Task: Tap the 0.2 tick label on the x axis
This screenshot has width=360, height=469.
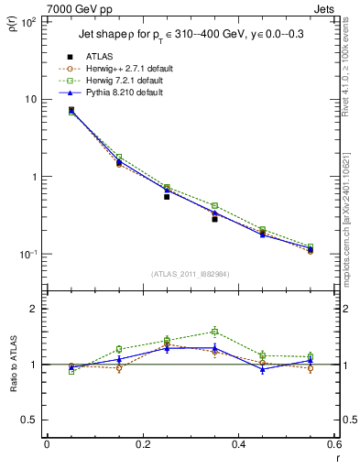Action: coord(142,445)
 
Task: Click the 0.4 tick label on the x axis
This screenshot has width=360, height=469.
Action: coord(238,445)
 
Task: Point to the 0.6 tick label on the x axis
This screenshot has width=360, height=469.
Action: coord(333,445)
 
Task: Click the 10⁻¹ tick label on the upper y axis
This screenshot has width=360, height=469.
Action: coord(27,254)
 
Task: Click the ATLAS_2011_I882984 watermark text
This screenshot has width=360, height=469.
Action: coord(190,273)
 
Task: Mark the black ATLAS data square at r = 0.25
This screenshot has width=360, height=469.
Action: coord(167,196)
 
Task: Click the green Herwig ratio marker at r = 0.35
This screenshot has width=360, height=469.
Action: coord(214,332)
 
